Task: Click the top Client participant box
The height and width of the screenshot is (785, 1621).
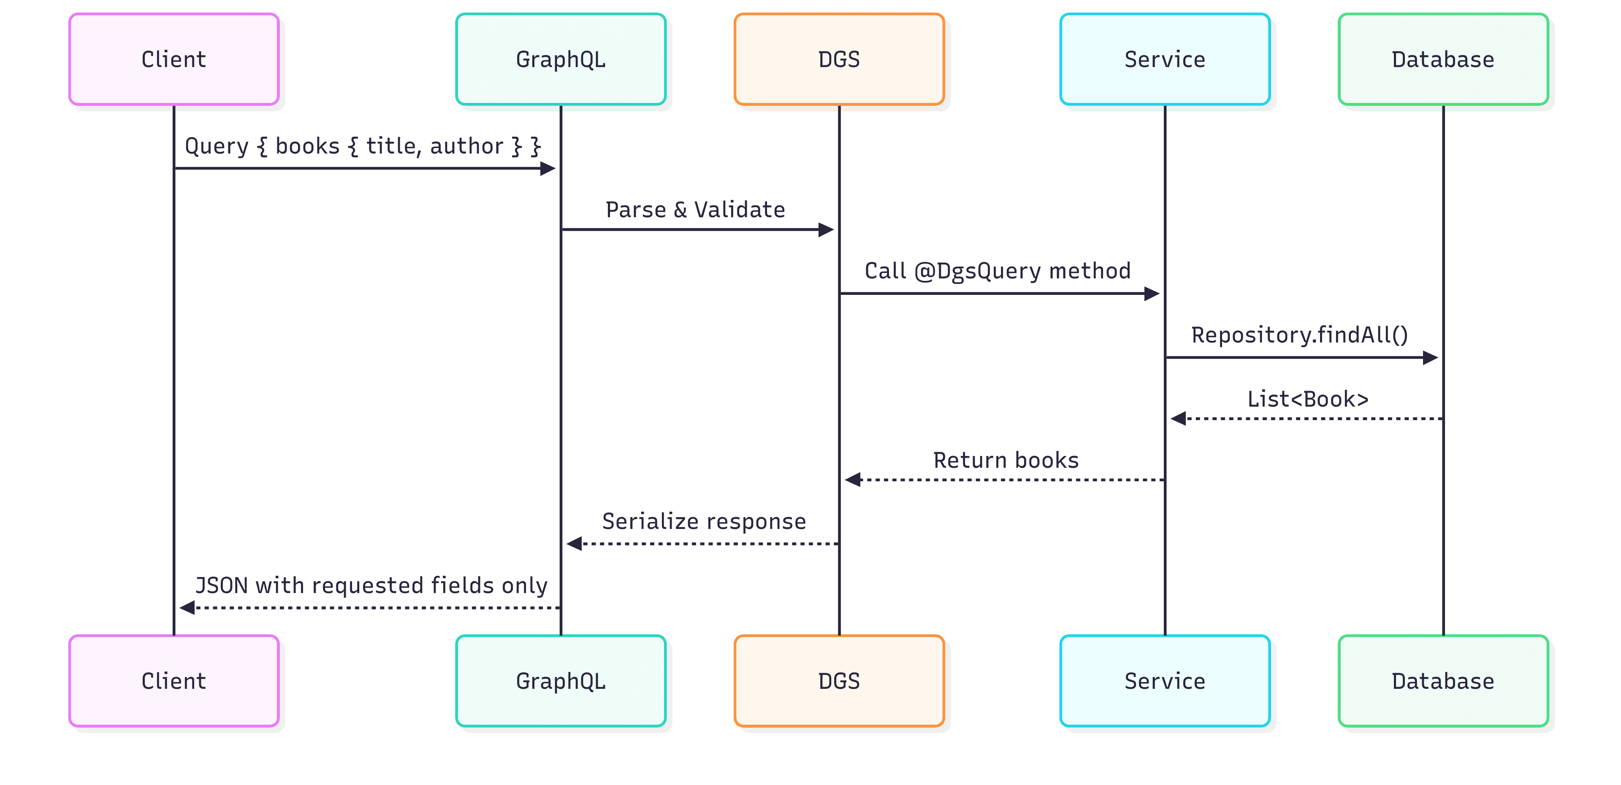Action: tap(173, 59)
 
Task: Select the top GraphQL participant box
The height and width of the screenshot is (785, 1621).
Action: tap(560, 59)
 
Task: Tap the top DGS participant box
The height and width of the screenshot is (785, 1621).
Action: tap(839, 59)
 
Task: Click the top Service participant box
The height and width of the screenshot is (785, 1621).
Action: tap(1164, 59)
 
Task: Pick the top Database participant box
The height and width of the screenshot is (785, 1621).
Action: tap(1442, 59)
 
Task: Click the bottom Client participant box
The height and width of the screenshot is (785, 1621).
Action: tap(173, 680)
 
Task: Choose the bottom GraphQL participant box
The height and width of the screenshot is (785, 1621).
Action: tap(560, 680)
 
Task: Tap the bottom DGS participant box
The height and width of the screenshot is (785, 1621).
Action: tap(839, 680)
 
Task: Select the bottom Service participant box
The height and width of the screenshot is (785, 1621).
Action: tap(1164, 680)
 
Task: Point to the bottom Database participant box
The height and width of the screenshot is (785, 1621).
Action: tap(1442, 680)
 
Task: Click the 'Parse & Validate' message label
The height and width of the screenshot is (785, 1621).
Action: tap(695, 210)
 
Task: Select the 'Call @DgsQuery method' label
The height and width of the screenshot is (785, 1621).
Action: tap(998, 271)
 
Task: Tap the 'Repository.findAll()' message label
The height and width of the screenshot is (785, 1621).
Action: tap(1299, 335)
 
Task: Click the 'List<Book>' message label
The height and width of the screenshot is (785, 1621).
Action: tap(1308, 399)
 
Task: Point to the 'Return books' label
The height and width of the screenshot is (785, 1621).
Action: tap(1006, 461)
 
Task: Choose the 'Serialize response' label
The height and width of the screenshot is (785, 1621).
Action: tap(704, 521)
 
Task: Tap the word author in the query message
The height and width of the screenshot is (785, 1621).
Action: tap(466, 146)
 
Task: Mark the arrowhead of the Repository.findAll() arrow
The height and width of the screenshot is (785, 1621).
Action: tap(1430, 358)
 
